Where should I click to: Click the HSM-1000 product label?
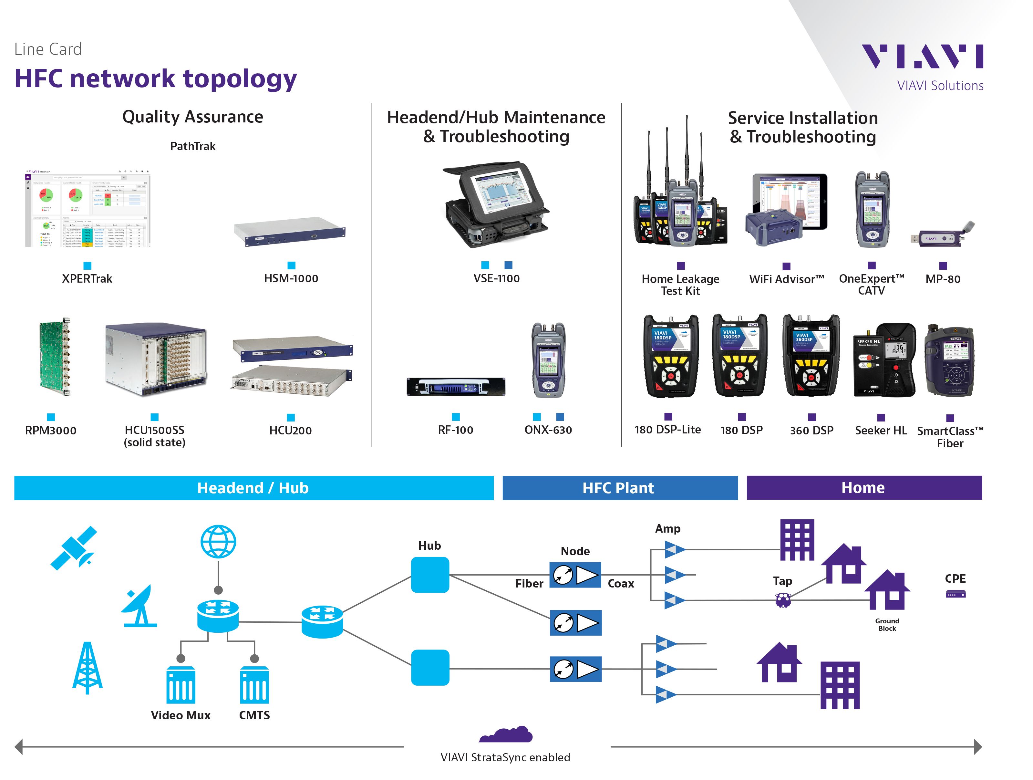pyautogui.click(x=291, y=278)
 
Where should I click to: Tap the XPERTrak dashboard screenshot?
pyautogui.click(x=88, y=208)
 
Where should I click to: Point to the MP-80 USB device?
pyautogui.click(x=942, y=235)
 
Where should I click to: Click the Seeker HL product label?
pyautogui.click(x=880, y=430)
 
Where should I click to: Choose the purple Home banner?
pyautogui.click(x=863, y=488)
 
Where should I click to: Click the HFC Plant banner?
pyautogui.click(x=619, y=488)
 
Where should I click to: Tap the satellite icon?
pyautogui.click(x=74, y=547)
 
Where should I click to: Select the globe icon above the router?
pyautogui.click(x=218, y=541)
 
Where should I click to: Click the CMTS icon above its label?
pyautogui.click(x=254, y=685)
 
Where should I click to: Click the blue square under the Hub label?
pyautogui.click(x=430, y=575)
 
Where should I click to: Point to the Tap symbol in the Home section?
pyautogui.click(x=783, y=600)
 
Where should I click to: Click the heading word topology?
pyautogui.click(x=240, y=78)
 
